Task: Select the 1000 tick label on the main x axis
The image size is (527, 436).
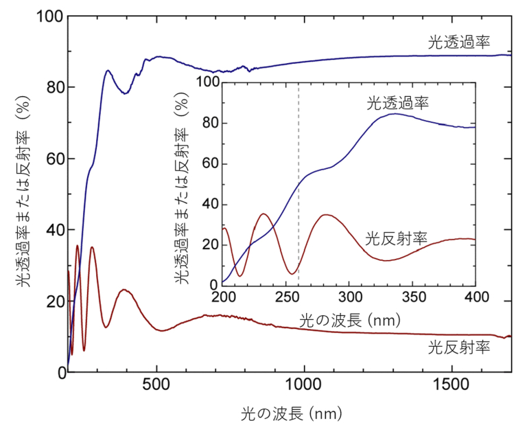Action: tap(303, 386)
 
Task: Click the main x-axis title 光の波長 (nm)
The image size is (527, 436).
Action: tap(292, 414)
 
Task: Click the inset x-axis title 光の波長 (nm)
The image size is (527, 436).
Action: tap(349, 321)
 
